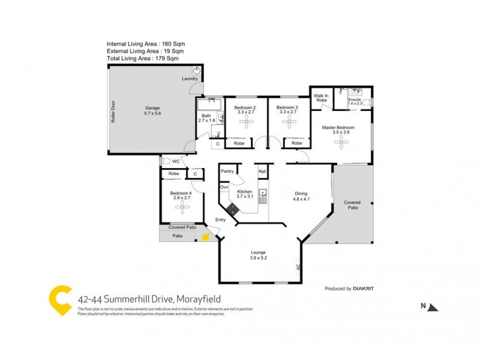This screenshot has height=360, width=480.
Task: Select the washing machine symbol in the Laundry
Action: click(x=196, y=71)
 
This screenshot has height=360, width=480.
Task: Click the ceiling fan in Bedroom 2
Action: click(x=245, y=122)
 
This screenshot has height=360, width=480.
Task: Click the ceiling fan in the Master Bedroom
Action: click(x=342, y=142)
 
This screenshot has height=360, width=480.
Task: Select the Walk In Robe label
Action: click(x=321, y=97)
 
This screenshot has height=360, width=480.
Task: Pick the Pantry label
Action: click(x=227, y=171)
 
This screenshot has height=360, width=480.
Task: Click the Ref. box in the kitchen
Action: click(x=262, y=172)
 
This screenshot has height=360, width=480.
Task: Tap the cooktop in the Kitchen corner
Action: click(x=232, y=209)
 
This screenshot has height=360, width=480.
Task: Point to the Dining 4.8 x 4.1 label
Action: click(x=301, y=196)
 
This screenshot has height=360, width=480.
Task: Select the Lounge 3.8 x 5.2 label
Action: click(x=259, y=256)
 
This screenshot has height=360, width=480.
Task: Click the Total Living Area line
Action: click(x=143, y=58)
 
